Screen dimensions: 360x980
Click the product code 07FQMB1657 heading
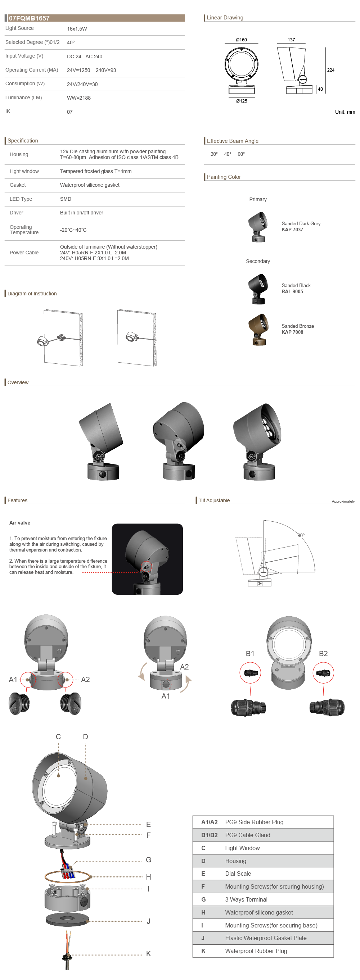tap(29, 18)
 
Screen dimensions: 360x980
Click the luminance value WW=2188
tap(79, 98)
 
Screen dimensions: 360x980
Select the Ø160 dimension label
tap(241, 40)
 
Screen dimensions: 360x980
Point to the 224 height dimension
tap(331, 70)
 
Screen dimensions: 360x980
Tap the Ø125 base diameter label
tap(242, 101)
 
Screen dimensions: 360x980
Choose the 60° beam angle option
tap(241, 154)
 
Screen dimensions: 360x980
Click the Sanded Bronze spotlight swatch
tap(259, 330)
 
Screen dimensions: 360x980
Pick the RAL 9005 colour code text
tap(292, 292)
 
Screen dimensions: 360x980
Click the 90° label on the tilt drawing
tap(301, 535)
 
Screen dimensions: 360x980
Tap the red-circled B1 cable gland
tap(250, 673)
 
